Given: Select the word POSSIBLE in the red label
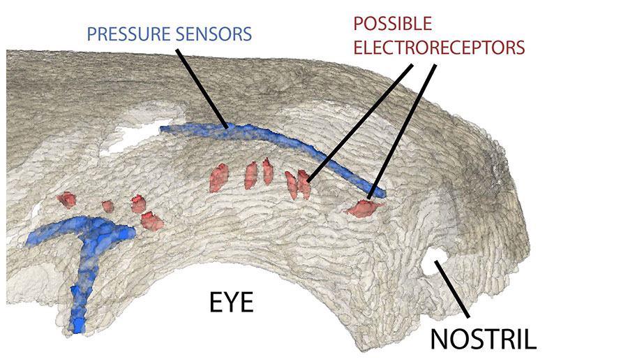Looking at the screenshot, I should point(393,24).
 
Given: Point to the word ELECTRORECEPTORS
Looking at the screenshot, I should point(438,48).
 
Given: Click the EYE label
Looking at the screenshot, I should point(231,304).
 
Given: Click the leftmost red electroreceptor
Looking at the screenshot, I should point(67,200).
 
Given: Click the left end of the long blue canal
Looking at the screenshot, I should point(164,129).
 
